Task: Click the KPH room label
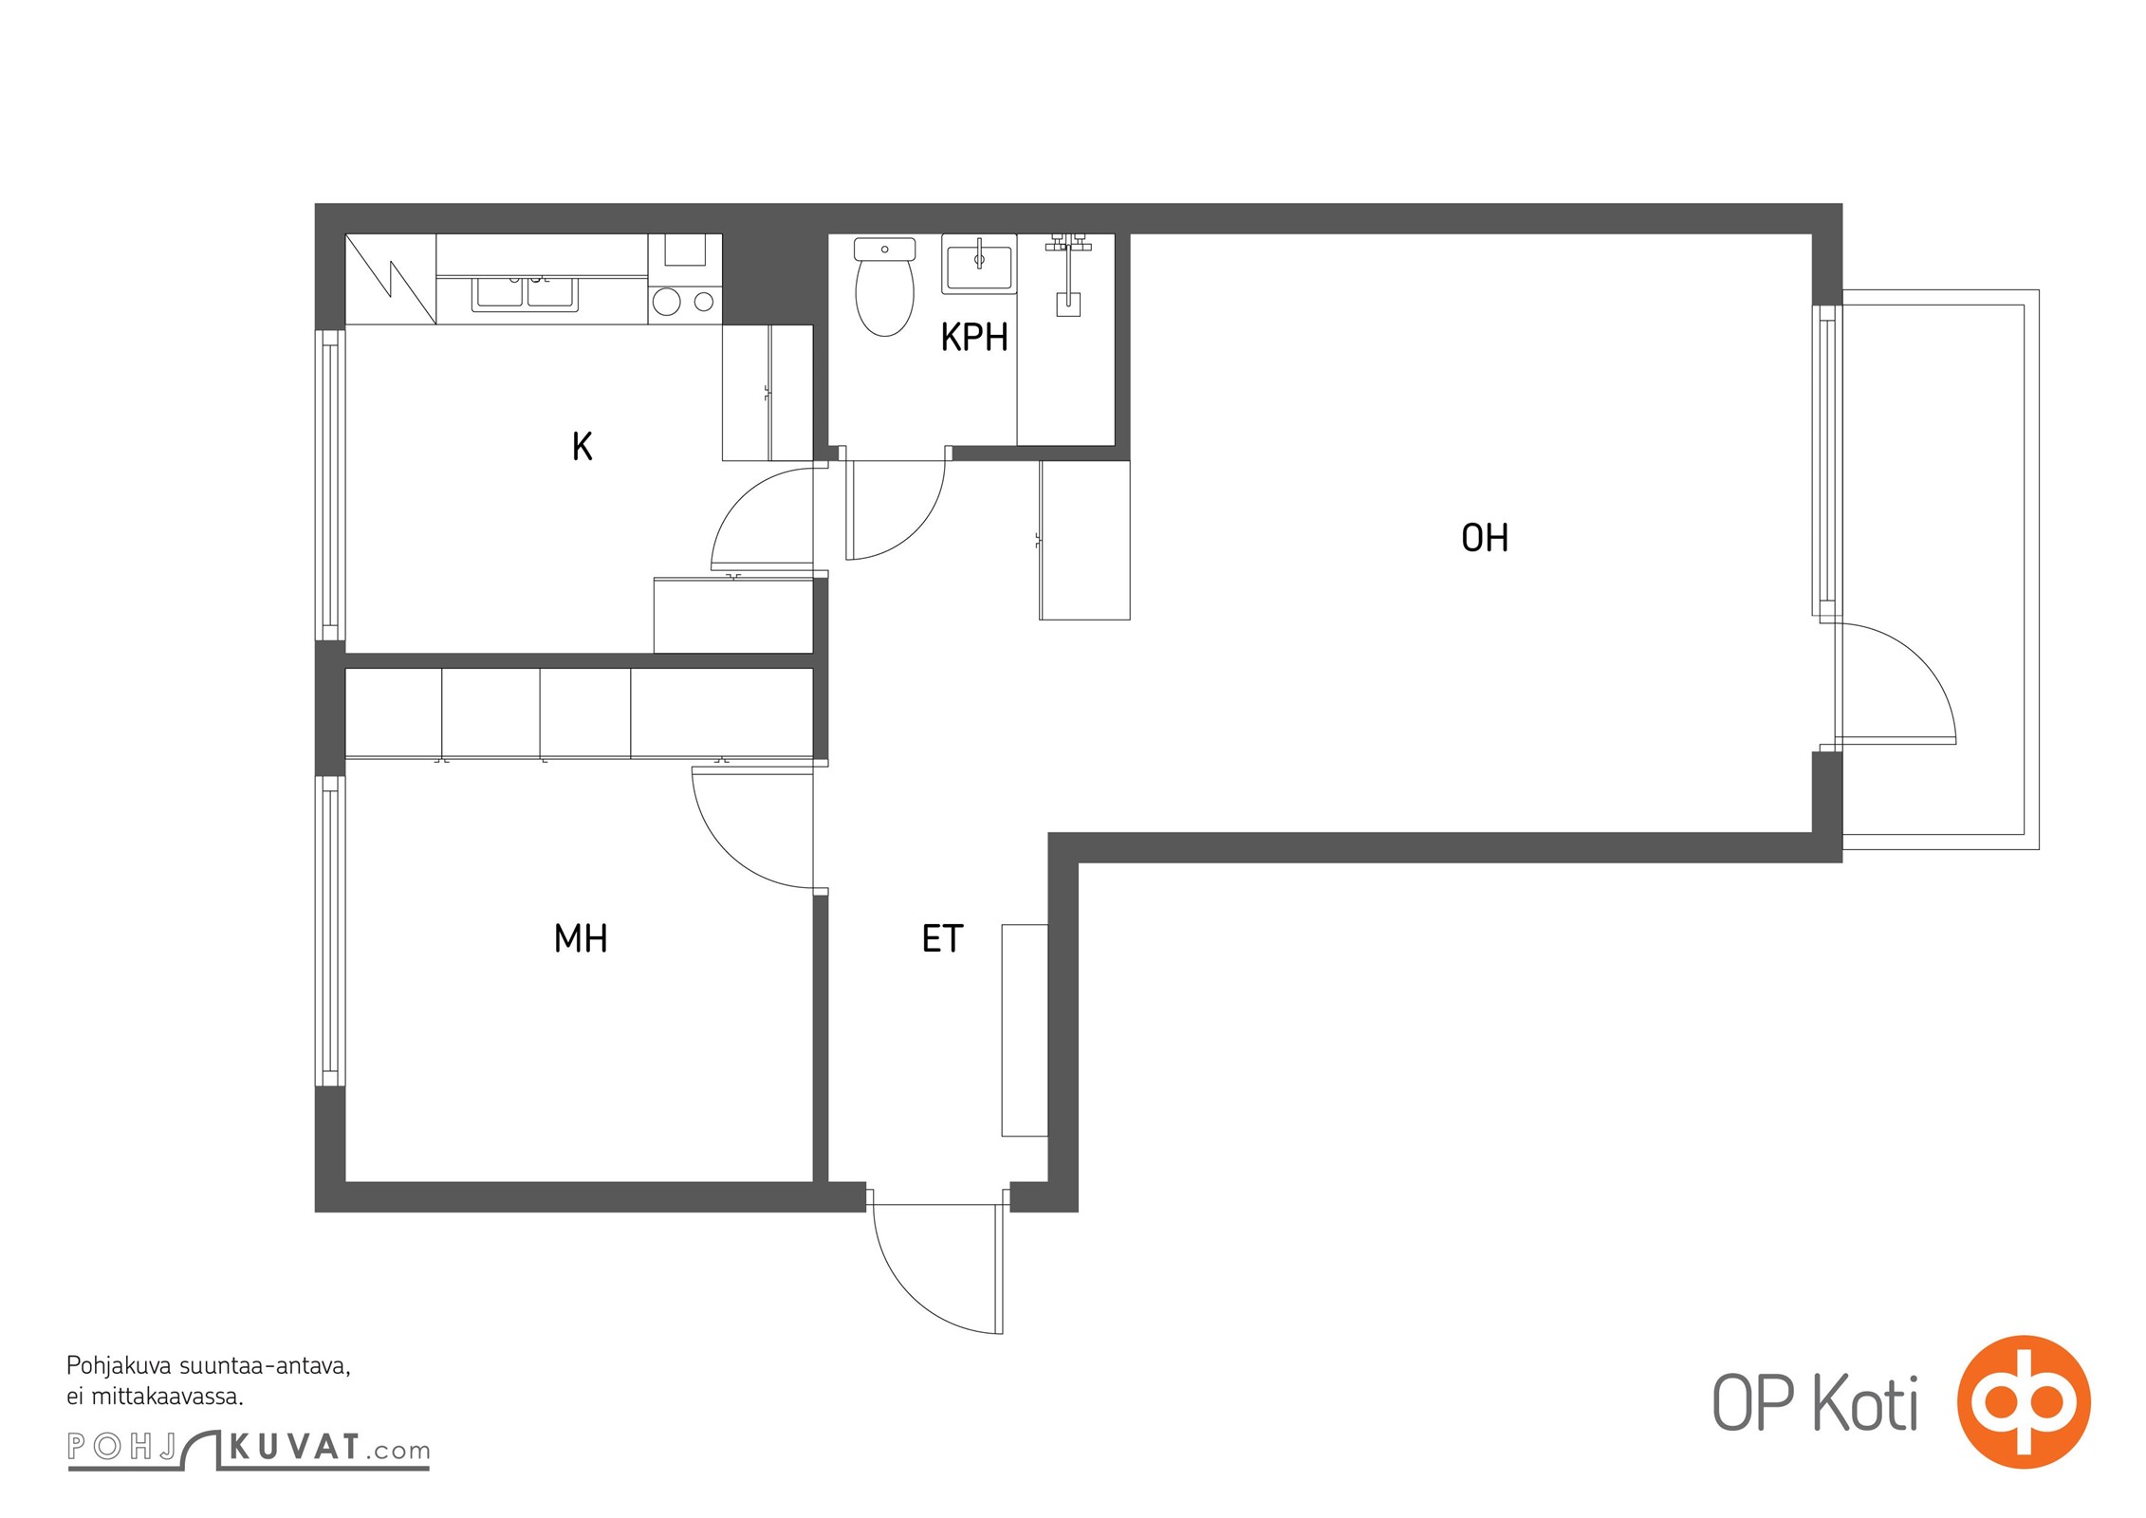[x=973, y=337]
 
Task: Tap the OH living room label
[x=1485, y=538]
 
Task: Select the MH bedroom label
[x=581, y=938]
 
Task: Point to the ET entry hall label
[x=942, y=938]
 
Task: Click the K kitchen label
[x=582, y=446]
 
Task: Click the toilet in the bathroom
[x=884, y=287]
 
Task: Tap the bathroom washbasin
[x=979, y=264]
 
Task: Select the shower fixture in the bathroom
[x=1068, y=273]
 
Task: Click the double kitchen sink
[x=524, y=294]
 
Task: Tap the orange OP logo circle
[x=2024, y=1401]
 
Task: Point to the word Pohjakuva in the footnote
[x=119, y=1367]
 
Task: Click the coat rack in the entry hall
[x=1025, y=1029]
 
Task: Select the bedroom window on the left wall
[x=330, y=931]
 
